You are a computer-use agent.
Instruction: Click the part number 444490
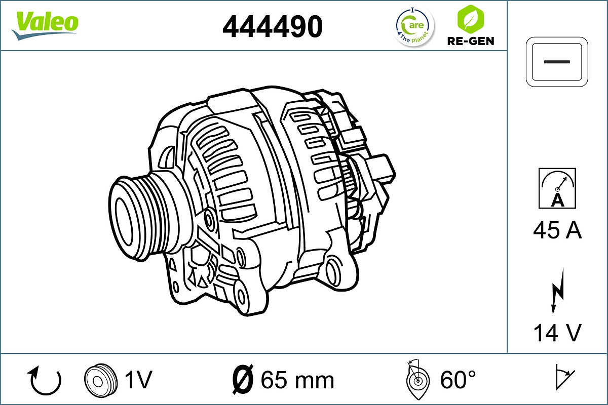(273, 26)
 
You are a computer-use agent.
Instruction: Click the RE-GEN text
(471, 41)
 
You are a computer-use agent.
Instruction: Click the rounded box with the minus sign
(557, 61)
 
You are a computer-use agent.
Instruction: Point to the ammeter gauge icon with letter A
(557, 188)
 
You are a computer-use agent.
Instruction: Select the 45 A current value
(557, 231)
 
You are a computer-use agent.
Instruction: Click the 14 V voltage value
(557, 333)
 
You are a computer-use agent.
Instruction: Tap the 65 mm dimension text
(297, 380)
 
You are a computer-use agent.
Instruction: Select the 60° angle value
(458, 380)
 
